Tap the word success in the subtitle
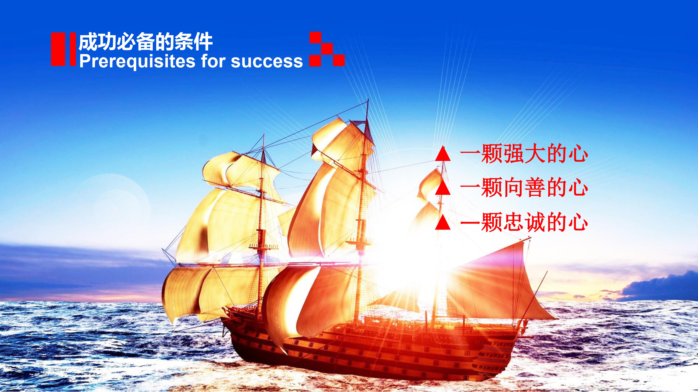click(267, 61)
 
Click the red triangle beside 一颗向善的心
click(443, 189)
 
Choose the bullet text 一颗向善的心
click(524, 189)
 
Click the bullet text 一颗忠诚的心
click(524, 223)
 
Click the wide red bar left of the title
click(58, 49)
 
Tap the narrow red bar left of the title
click(73, 49)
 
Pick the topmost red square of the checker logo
click(315, 37)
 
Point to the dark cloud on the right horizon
click(667, 287)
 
